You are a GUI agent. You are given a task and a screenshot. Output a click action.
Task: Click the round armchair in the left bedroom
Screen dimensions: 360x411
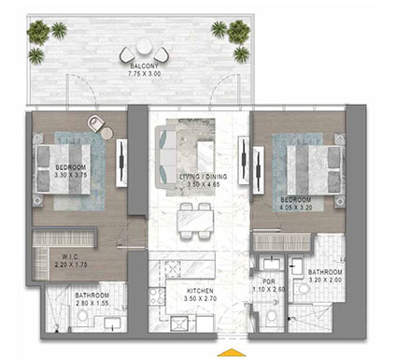pyautogui.click(x=97, y=122)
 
